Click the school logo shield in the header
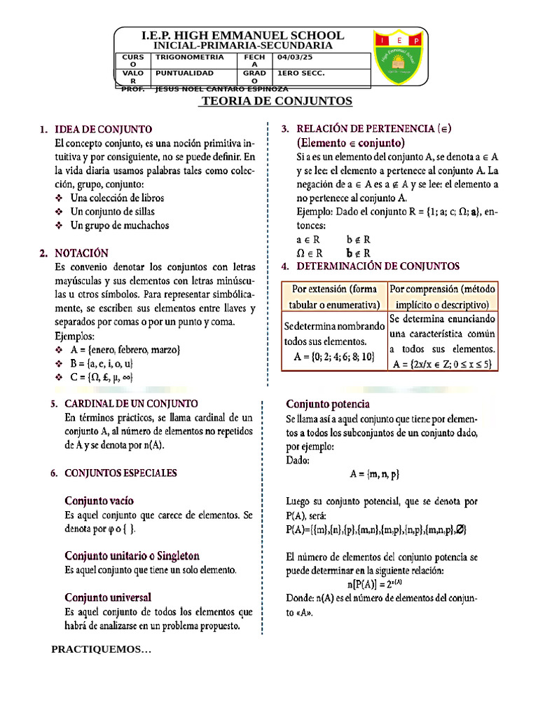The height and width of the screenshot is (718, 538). point(398,60)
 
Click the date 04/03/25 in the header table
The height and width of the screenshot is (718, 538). point(297,57)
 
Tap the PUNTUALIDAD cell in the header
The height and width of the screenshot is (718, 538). point(184,73)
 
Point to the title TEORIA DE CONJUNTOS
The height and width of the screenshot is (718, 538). point(277,102)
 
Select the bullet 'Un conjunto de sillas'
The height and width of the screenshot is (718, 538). point(113,211)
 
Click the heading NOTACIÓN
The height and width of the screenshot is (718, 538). point(82,252)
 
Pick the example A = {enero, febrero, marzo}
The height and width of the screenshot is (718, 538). point(126,349)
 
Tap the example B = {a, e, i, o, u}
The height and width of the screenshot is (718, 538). point(102,363)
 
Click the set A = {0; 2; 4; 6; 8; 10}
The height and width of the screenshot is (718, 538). point(334,357)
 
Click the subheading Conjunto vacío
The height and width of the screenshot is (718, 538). point(99,501)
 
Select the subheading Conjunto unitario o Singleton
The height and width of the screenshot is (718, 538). point(132,555)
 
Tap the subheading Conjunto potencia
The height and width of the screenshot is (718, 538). point(328,404)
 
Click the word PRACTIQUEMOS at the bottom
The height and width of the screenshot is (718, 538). point(101,649)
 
